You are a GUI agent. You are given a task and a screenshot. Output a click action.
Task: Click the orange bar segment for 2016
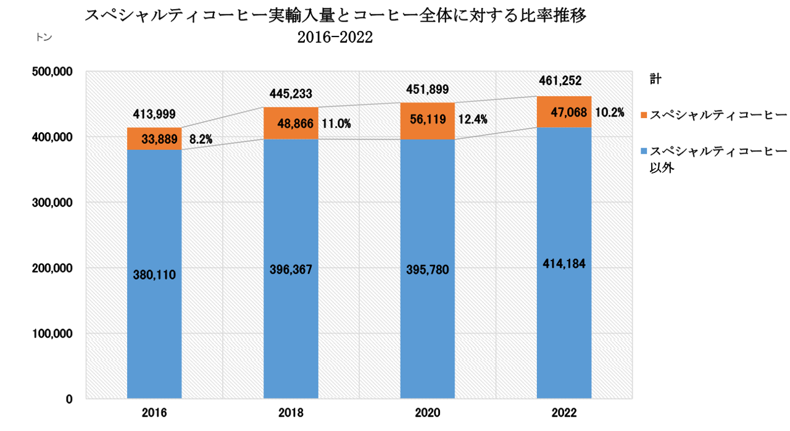click(x=154, y=139)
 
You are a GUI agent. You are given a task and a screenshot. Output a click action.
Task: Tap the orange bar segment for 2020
click(x=427, y=121)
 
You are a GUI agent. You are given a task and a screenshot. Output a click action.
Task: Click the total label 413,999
click(x=154, y=114)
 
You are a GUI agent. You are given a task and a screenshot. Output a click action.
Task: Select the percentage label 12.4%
click(x=471, y=119)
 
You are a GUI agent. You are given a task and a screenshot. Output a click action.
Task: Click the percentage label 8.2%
click(x=201, y=140)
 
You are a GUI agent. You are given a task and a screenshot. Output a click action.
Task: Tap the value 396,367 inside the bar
click(x=291, y=270)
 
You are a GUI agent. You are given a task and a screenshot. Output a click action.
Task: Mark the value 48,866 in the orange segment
click(x=290, y=123)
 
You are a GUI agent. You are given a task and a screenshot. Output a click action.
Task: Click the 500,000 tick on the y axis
click(x=52, y=72)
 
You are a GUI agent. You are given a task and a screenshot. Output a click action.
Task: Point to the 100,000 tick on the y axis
click(x=52, y=334)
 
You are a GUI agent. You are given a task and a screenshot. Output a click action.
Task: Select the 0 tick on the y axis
click(x=69, y=400)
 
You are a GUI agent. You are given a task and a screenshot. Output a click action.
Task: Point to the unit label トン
click(x=44, y=37)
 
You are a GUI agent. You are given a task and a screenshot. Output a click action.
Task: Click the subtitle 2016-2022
click(x=335, y=38)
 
